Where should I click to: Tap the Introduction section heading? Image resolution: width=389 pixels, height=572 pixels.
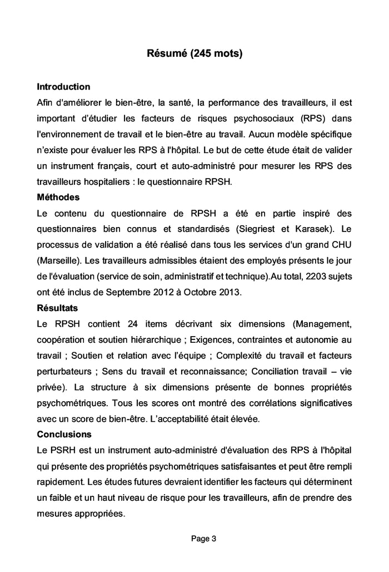(x=63, y=87)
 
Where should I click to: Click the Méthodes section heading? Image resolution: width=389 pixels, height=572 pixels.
(x=58, y=197)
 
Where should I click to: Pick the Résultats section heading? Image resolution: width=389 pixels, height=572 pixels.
(x=57, y=307)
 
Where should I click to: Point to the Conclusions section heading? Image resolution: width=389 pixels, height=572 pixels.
(x=64, y=433)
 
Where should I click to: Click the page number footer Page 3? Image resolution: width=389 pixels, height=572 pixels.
(x=203, y=538)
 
